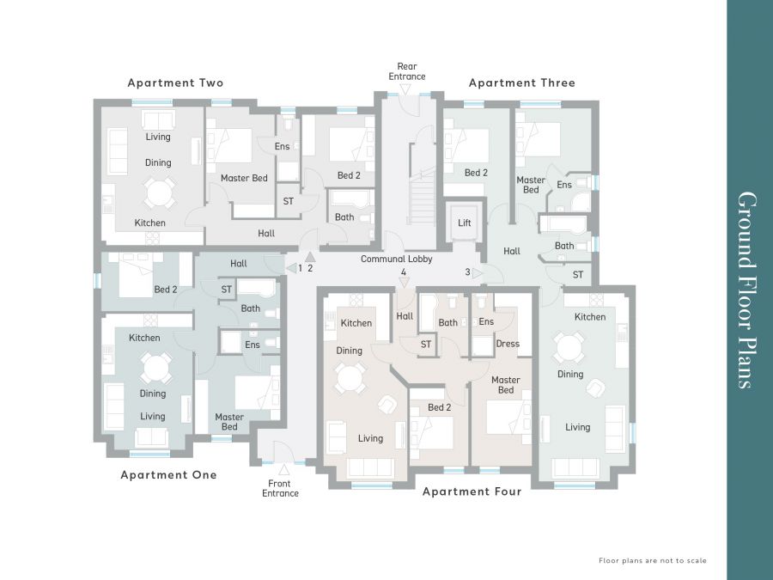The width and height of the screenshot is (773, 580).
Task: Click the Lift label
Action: click(465, 223)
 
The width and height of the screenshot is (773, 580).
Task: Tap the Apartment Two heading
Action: click(175, 82)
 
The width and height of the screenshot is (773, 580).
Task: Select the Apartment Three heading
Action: click(522, 82)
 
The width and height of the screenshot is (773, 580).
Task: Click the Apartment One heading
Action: click(168, 475)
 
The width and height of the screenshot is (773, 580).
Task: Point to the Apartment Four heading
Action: click(472, 491)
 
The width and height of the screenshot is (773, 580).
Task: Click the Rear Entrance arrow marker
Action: click(405, 89)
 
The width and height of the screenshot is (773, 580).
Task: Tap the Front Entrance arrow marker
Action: click(284, 468)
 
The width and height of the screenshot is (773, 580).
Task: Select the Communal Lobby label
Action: click(396, 259)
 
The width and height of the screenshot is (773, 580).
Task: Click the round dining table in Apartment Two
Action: click(158, 192)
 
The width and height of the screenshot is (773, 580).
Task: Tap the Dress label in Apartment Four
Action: click(508, 344)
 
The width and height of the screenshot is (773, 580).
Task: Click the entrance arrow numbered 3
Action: click(478, 272)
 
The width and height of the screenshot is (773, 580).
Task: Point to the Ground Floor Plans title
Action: click(747, 290)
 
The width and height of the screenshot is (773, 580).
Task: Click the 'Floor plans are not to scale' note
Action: click(653, 561)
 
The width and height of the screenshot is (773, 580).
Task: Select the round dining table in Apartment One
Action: click(155, 368)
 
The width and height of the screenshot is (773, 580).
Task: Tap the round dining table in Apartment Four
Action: click(350, 378)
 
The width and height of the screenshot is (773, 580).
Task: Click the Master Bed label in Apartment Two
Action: click(244, 178)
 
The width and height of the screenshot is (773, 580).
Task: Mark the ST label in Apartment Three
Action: click(578, 275)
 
